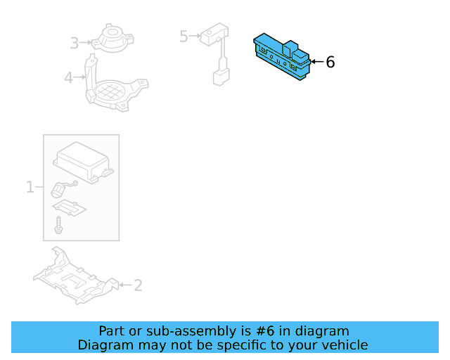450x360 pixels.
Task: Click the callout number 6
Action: (330, 63)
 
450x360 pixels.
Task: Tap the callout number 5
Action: (184, 36)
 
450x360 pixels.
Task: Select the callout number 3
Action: (75, 44)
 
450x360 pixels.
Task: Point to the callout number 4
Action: (68, 77)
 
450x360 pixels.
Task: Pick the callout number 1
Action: (30, 187)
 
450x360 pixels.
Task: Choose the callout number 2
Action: (138, 285)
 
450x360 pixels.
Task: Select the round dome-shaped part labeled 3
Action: (112, 39)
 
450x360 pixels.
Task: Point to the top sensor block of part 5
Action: (214, 33)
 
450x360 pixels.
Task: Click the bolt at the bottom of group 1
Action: (60, 226)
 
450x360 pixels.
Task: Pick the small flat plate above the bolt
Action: (70, 207)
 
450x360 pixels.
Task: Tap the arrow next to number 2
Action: (124, 285)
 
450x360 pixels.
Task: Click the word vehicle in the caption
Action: (345, 345)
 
